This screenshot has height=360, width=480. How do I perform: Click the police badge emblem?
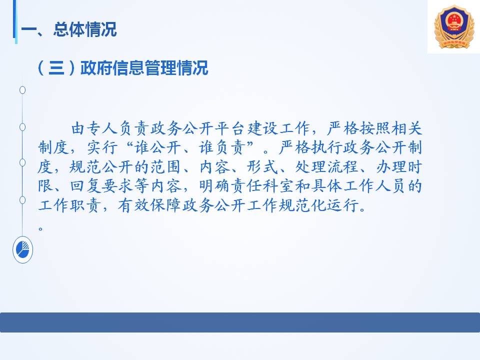[x=454, y=27]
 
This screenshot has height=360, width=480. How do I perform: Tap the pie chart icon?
[x=22, y=250]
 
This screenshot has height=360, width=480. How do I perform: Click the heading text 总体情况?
[x=85, y=29]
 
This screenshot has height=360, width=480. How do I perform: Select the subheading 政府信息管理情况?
[x=144, y=67]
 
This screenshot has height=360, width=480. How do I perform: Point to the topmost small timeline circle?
[x=22, y=90]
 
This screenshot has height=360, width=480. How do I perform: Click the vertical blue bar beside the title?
[x=14, y=21]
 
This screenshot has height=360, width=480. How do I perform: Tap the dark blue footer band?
[x=240, y=322]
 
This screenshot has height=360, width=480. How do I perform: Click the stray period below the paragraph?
[x=40, y=228]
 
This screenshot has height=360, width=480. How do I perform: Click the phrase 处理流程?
[x=326, y=167]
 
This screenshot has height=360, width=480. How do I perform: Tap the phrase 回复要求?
[x=101, y=186]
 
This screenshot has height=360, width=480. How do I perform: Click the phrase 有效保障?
[x=149, y=205]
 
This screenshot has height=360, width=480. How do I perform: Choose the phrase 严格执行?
[x=310, y=147]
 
